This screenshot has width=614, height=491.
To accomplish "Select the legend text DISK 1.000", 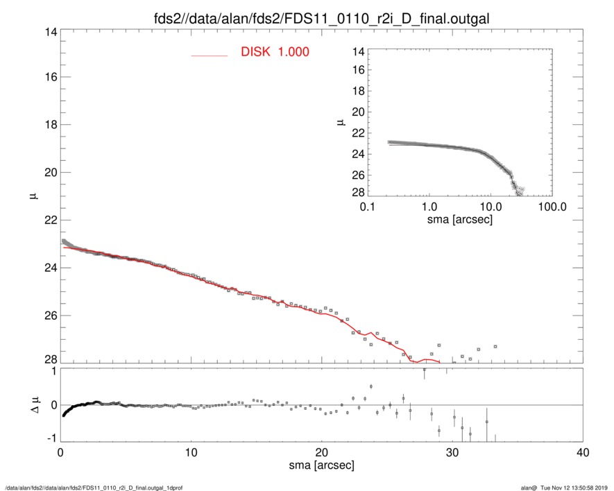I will pyautogui.click(x=275, y=53).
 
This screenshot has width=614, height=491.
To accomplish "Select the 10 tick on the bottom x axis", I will pyautogui.click(x=191, y=453).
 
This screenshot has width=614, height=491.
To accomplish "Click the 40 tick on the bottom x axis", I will pyautogui.click(x=583, y=453).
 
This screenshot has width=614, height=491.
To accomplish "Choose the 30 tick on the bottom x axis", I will pyautogui.click(x=452, y=453).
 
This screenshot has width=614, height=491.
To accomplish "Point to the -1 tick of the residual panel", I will pyautogui.click(x=51, y=438).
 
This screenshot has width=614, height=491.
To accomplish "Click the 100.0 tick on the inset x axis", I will pyautogui.click(x=552, y=207).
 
